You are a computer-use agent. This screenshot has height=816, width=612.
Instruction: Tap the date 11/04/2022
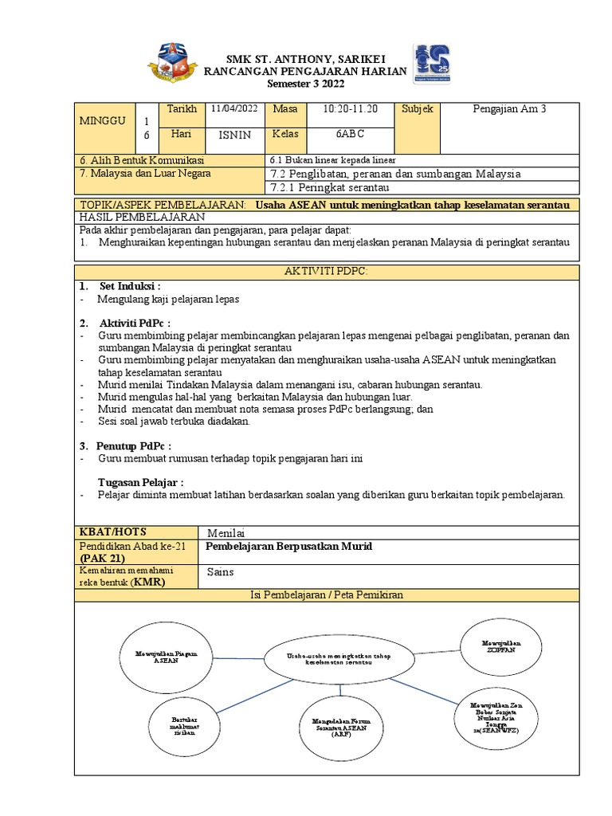click(234, 109)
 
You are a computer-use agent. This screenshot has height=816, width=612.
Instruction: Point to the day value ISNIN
click(234, 135)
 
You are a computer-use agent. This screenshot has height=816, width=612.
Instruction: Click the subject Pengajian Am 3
click(510, 109)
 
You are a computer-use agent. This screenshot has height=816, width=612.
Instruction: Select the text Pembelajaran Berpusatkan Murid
click(288, 547)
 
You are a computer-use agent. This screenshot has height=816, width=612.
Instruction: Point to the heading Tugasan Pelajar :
click(141, 482)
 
